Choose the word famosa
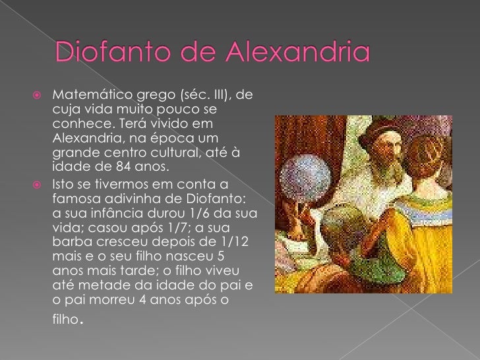pos(71,200)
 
